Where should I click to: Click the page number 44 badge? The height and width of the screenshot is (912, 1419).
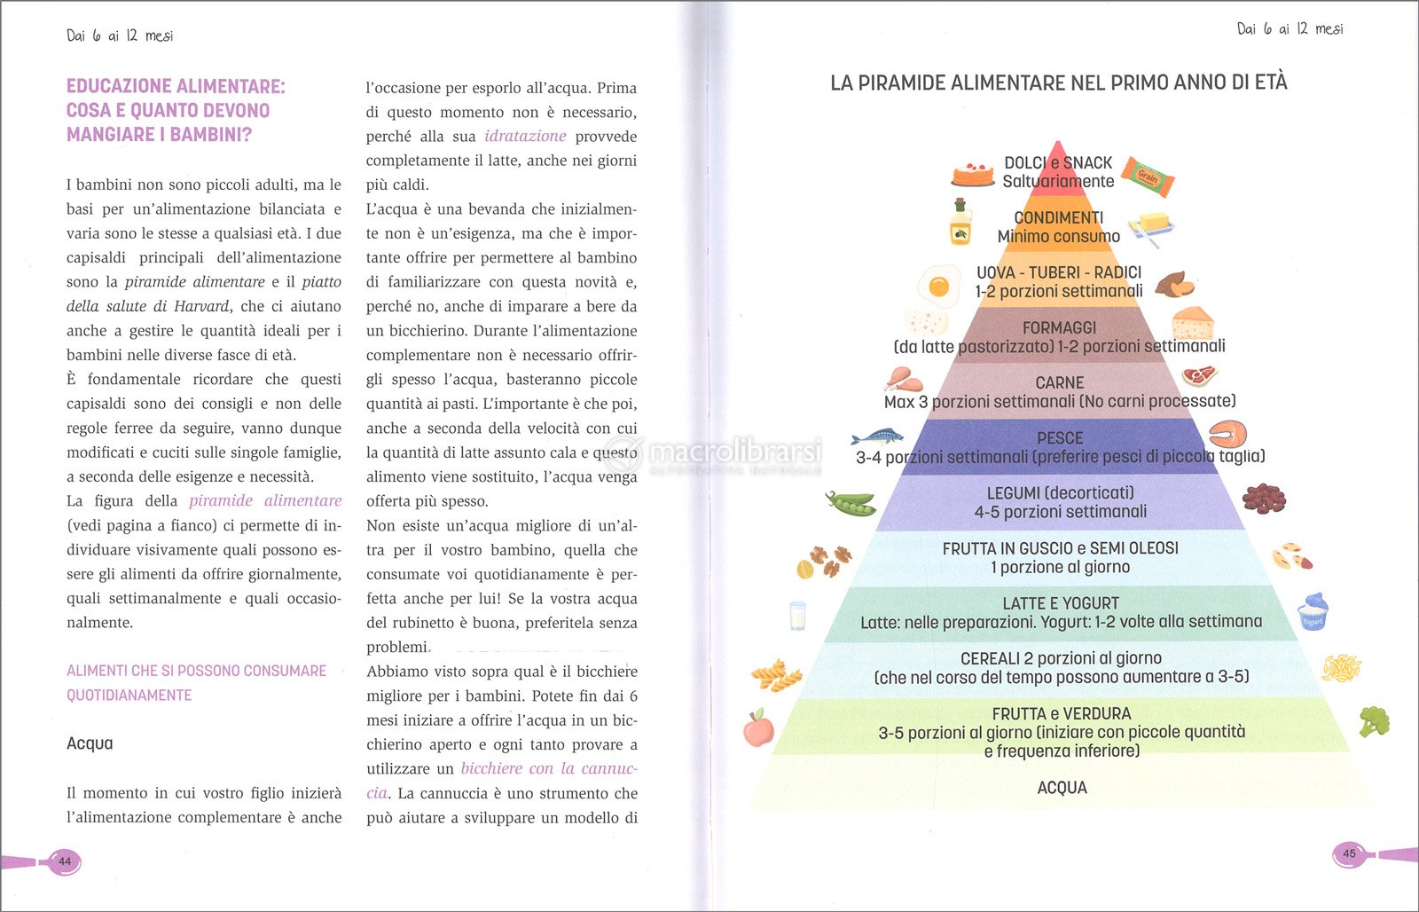64,861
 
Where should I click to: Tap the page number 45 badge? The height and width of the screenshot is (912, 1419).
1348,854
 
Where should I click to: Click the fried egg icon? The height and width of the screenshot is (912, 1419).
937,285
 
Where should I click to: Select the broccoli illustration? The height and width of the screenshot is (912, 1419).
1374,720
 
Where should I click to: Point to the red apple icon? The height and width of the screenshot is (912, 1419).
758,729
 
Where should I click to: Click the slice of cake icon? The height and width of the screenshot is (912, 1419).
972,174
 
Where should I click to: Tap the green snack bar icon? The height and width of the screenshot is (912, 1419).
1148,176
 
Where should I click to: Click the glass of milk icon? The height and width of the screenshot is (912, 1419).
798,616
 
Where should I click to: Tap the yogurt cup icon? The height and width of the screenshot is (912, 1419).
1313,612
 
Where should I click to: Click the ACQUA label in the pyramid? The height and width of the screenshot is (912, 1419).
1062,788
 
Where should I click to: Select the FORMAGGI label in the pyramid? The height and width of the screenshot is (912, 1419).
1059,327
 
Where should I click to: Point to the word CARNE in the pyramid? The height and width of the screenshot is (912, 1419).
1059,382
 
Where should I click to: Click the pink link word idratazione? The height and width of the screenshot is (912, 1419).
525,136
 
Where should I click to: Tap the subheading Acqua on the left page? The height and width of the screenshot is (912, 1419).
90,743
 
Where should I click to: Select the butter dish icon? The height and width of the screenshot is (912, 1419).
1150,226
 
